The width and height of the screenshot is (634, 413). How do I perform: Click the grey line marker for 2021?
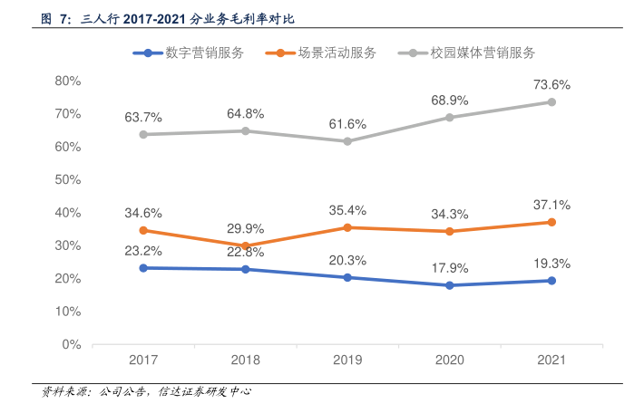552,102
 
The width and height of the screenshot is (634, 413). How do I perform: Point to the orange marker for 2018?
246,245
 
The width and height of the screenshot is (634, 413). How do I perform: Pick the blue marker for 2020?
450,285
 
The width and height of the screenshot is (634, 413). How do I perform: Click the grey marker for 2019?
347,141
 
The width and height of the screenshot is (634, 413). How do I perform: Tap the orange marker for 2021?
552,222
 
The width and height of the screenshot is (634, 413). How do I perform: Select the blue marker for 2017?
143,268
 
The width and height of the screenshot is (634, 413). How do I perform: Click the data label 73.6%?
552,85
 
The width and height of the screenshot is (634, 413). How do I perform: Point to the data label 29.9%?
246,228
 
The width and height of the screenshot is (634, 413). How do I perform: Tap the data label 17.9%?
450,268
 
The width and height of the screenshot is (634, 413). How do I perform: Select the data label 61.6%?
347,124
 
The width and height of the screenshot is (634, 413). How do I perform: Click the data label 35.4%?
347,210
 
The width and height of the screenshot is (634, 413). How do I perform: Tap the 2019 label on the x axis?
347,360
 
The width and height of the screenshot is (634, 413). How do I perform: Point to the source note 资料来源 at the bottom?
145,392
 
